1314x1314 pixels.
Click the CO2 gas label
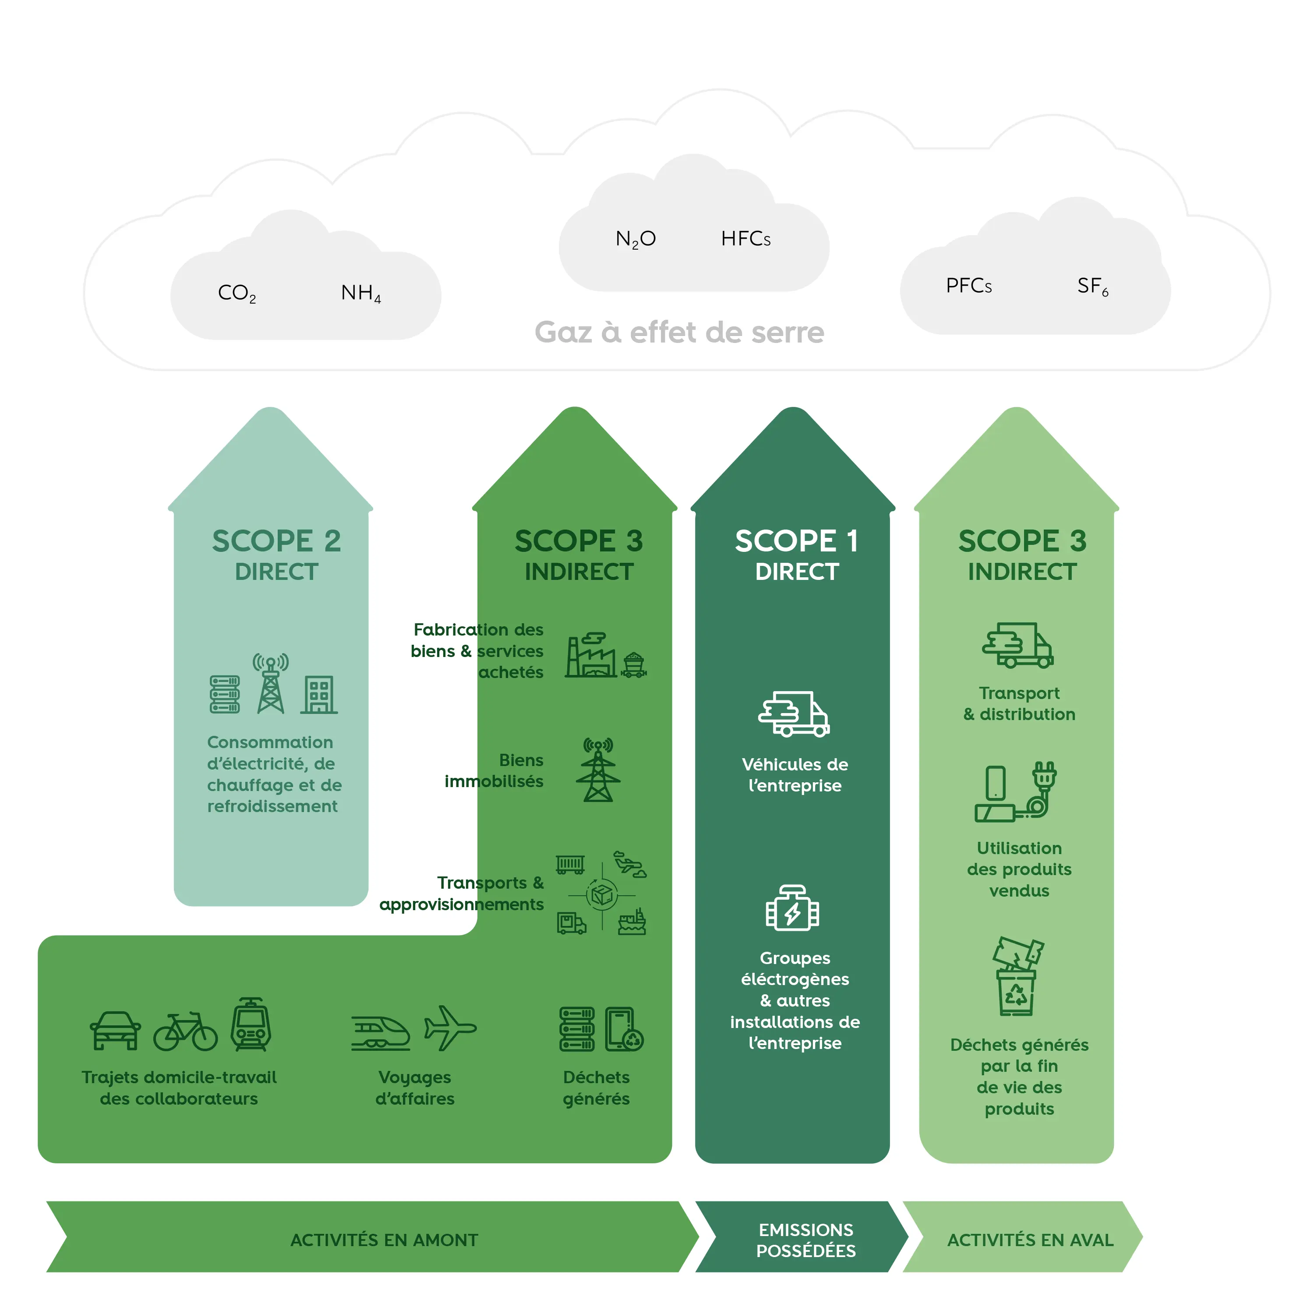point(237,293)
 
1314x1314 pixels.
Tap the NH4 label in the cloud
point(360,293)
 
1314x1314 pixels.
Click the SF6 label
point(1092,286)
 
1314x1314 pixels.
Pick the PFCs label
point(968,286)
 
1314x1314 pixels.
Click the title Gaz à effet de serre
point(679,332)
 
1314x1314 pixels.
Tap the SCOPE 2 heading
point(276,541)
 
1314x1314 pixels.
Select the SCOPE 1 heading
point(796,541)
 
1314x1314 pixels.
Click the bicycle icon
point(185,1032)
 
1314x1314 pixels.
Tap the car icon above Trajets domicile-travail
point(116,1030)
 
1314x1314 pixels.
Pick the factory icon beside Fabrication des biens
point(590,656)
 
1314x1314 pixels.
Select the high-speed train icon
point(381,1033)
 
